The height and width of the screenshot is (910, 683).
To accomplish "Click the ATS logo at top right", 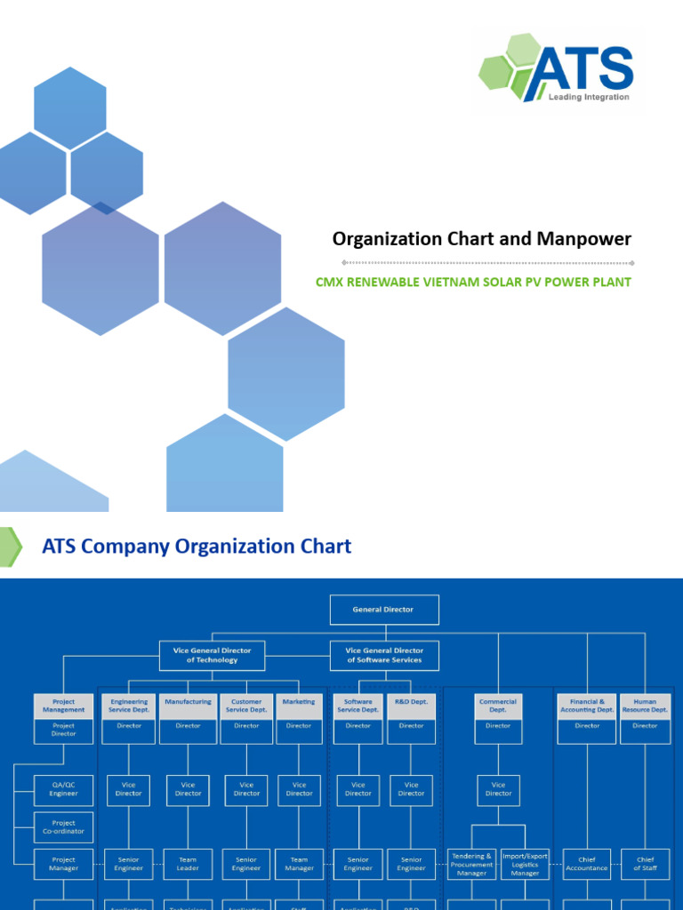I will (x=558, y=68).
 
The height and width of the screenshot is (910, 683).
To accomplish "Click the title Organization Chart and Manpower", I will (x=481, y=239).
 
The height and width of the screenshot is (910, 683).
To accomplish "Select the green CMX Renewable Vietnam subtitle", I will (x=473, y=283).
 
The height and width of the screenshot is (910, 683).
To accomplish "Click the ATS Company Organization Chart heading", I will (x=197, y=547).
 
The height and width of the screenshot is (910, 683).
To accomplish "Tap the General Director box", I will (x=382, y=610).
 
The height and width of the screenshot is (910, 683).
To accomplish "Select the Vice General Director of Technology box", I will (x=212, y=655).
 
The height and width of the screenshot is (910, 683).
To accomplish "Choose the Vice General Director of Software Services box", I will (x=382, y=655).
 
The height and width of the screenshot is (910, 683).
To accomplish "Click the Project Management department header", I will (x=64, y=706).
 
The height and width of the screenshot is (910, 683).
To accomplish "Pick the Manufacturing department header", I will (x=188, y=706).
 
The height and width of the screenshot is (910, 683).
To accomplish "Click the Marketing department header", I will (x=299, y=706).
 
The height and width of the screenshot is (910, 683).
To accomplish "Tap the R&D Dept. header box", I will (x=411, y=706).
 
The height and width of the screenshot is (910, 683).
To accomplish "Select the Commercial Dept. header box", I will (x=498, y=706).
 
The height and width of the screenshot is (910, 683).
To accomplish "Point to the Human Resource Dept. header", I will (x=645, y=706).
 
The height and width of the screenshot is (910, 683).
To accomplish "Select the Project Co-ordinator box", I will (x=64, y=826).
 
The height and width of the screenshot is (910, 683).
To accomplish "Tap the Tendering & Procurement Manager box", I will (x=471, y=865).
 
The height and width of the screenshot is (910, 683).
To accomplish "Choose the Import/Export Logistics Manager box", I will (x=525, y=865).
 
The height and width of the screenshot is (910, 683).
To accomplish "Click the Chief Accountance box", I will (x=587, y=865).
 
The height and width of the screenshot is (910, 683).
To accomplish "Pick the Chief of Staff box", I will (x=645, y=865).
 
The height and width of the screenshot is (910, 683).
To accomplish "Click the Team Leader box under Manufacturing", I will (x=188, y=865).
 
